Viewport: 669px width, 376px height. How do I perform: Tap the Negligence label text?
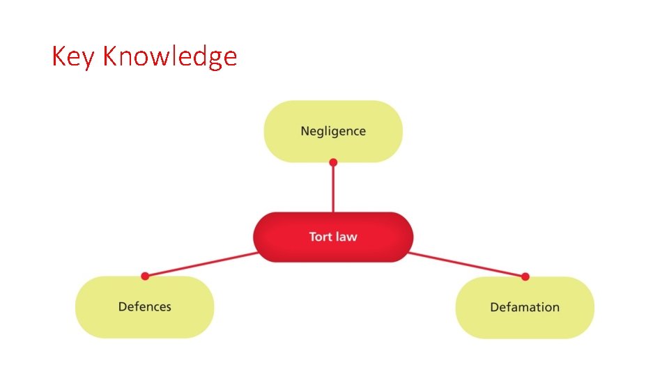(333, 131)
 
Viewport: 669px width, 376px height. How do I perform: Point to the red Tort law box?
(279, 237)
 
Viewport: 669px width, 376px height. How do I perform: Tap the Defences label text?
(144, 306)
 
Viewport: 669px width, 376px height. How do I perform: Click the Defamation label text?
(525, 307)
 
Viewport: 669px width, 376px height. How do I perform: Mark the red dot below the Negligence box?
(333, 162)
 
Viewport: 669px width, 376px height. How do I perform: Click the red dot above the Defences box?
(145, 276)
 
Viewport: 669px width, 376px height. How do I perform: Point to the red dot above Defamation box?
(525, 276)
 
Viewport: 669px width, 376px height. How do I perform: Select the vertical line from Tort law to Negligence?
(333, 188)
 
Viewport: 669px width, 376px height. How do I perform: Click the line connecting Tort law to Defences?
(202, 264)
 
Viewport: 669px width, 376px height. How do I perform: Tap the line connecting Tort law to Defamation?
(467, 265)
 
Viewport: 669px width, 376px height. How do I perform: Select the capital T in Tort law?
(312, 237)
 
